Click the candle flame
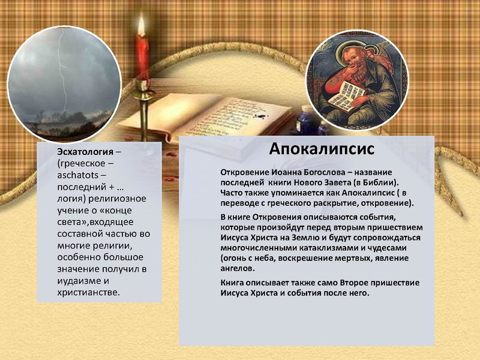click(142, 26)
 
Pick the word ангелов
click(237, 268)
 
